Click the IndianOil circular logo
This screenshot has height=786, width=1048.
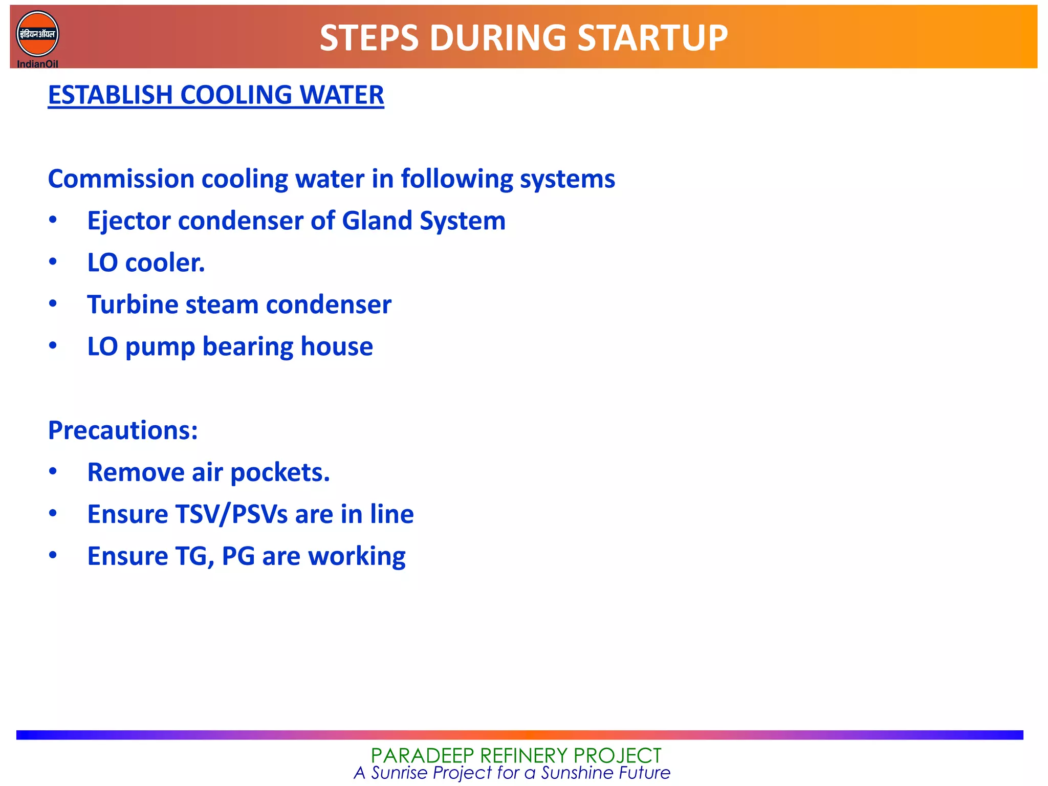(x=37, y=34)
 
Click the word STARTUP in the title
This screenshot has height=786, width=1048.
(x=652, y=38)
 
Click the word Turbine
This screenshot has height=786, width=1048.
(x=132, y=305)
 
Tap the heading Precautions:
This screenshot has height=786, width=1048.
(x=123, y=430)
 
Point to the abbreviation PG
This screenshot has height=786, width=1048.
(x=238, y=556)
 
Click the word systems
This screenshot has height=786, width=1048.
(x=567, y=179)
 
